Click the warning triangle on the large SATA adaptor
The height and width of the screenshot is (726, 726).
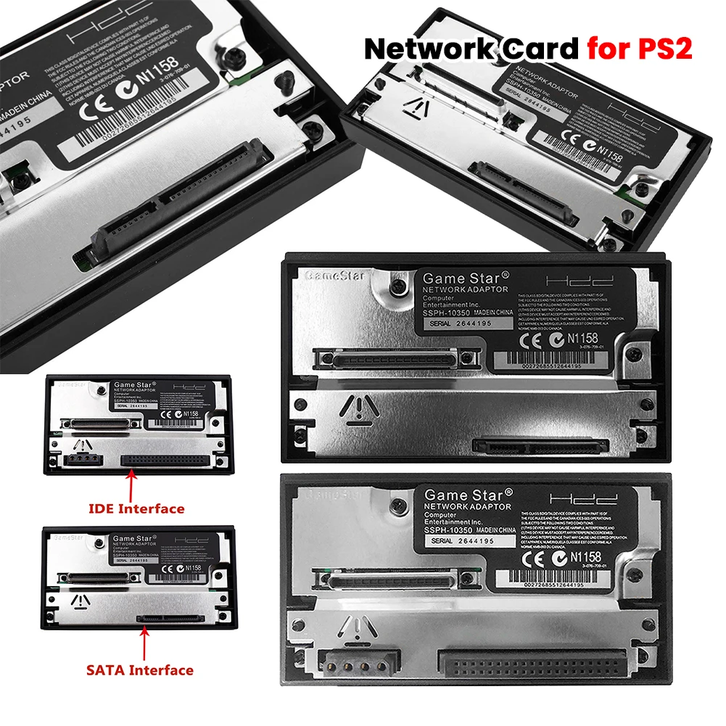pyautogui.click(x=355, y=408)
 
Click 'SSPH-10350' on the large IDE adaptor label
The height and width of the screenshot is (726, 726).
pyautogui.click(x=452, y=529)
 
